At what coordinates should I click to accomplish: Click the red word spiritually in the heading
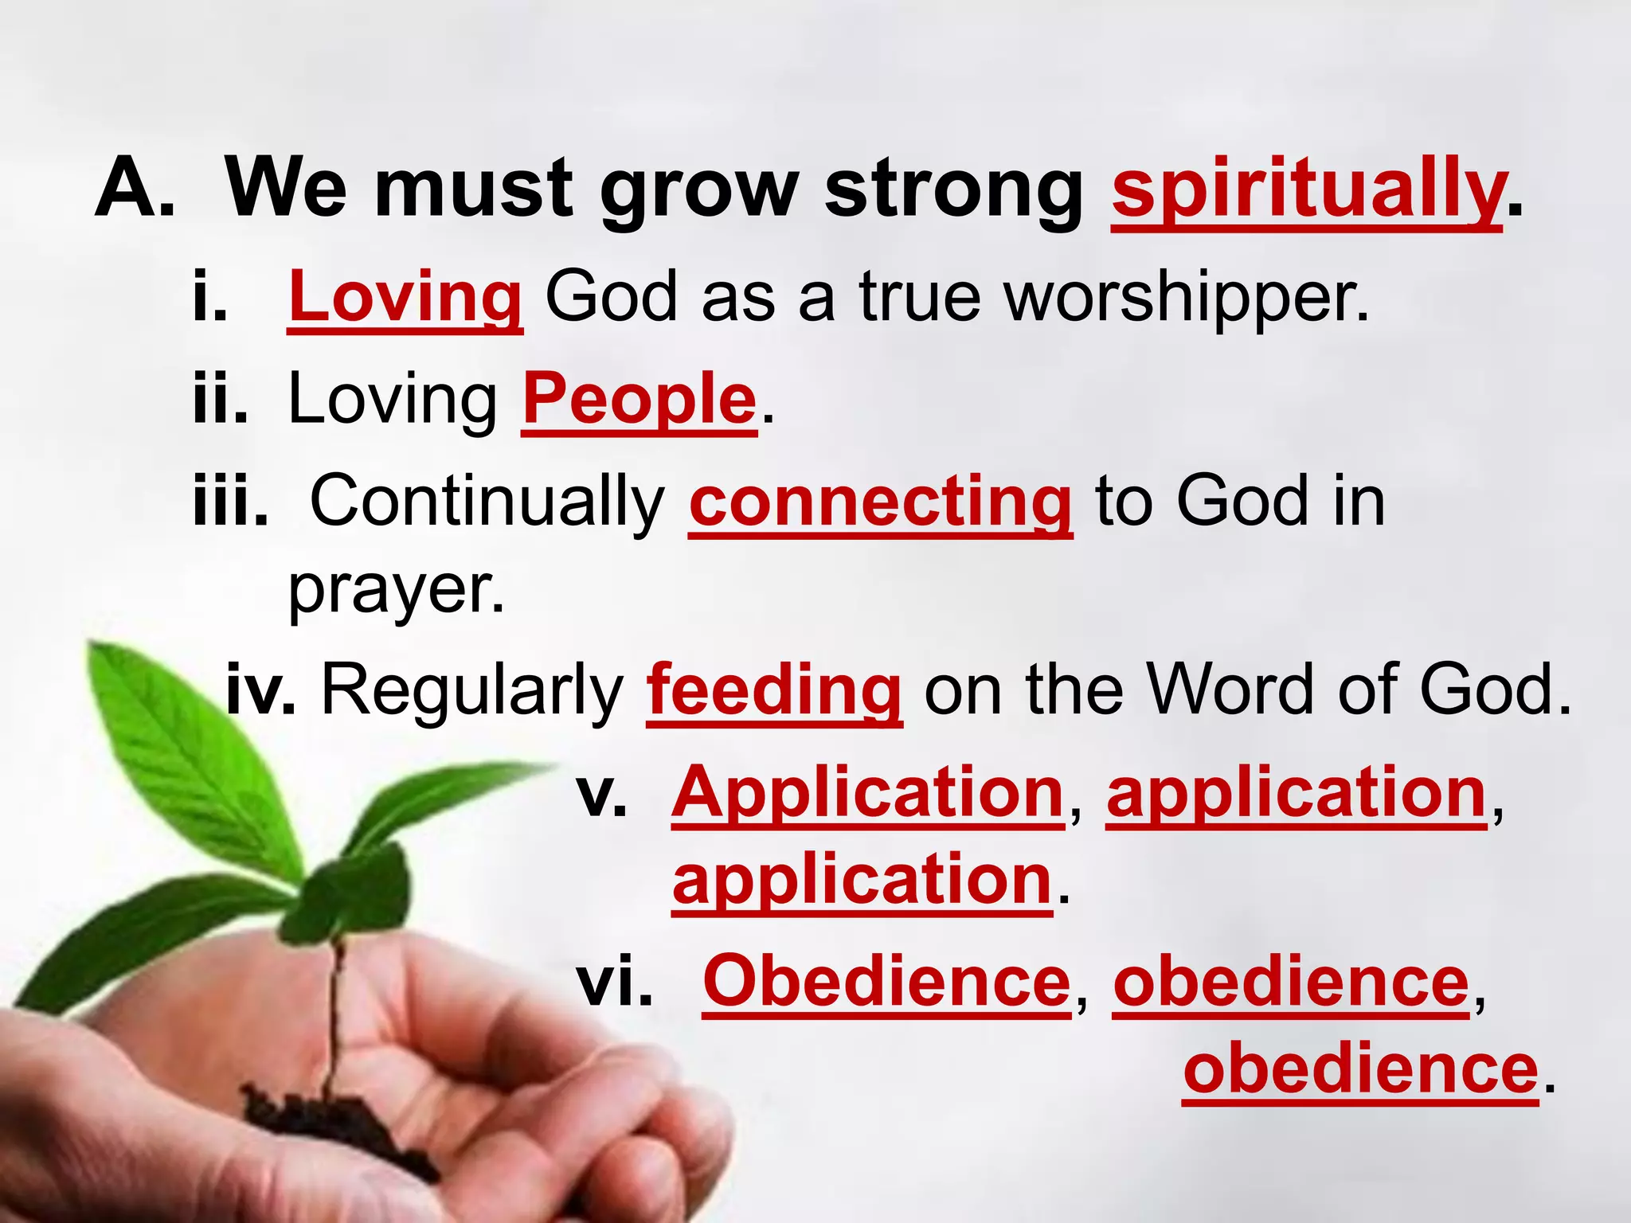point(1306,191)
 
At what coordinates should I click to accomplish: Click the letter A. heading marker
point(134,190)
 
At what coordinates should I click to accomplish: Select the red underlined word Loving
point(405,297)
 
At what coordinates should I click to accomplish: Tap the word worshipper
point(1185,297)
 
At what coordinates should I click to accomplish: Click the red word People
point(639,400)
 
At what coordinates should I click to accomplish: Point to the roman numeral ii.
point(220,400)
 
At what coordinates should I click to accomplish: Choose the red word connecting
point(880,502)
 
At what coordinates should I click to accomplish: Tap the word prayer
point(396,591)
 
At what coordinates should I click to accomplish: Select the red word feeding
point(774,690)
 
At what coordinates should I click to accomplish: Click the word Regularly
point(472,690)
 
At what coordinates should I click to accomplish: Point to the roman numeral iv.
point(260,690)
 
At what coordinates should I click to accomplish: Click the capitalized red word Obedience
point(886,982)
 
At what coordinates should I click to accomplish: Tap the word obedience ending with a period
point(1360,1069)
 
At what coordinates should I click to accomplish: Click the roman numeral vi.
point(614,982)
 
